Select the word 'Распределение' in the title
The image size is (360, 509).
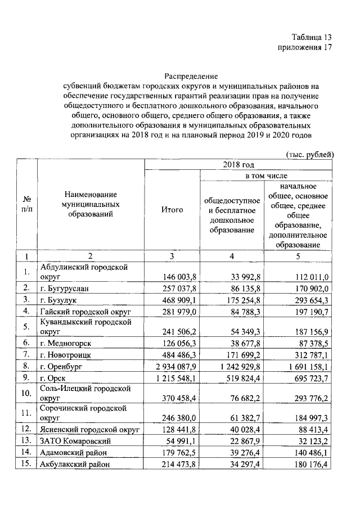tap(191, 75)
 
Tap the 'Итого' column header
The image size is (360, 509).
tap(172, 210)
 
